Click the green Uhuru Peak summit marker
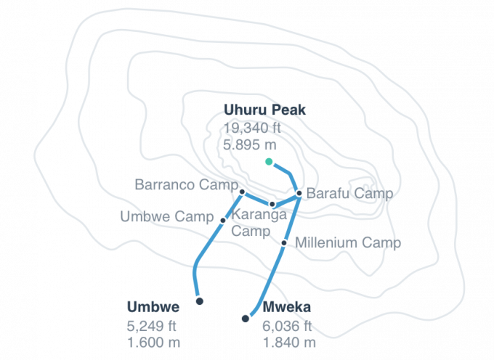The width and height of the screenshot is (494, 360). pos(269,161)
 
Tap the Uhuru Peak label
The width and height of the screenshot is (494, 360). pos(257,110)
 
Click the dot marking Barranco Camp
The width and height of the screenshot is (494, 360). pos(241,190)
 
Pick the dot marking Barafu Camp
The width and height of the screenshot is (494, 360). pos(299,192)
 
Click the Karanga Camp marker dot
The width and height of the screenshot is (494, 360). pos(272,204)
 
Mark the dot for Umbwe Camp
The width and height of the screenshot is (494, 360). pos(222,218)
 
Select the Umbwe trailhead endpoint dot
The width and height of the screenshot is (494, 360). pos(198,300)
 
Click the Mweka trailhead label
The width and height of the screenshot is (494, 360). pos(288,307)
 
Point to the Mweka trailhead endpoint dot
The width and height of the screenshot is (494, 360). pos(246,318)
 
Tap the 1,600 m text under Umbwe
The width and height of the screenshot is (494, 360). pos(147,339)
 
